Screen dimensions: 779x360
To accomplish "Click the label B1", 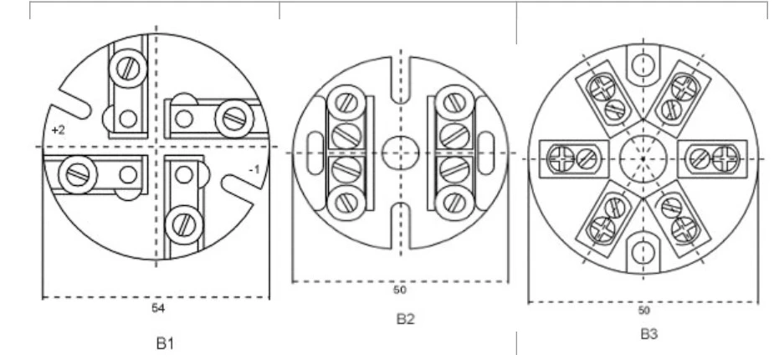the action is point(166,343).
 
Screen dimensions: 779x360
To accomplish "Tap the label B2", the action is point(405,319).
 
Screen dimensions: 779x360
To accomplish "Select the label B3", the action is point(648,334).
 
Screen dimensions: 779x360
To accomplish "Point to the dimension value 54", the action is point(158,308).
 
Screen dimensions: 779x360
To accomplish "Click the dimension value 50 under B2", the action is point(399,290).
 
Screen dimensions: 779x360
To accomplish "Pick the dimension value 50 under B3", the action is point(643,311).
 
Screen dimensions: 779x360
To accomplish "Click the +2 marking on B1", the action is point(58,131).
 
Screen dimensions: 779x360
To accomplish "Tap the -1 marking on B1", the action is point(254,170).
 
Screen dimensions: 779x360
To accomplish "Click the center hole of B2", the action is point(401,152).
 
